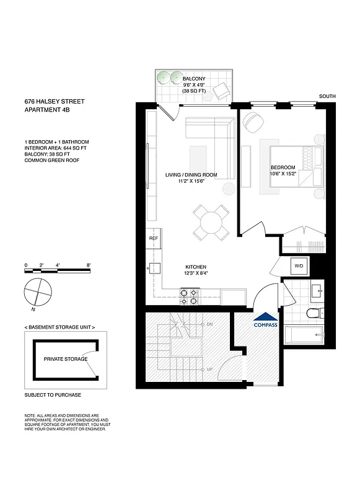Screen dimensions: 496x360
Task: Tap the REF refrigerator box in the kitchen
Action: pyautogui.click(x=154, y=238)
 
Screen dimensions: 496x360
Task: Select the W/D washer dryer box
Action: pyautogui.click(x=299, y=265)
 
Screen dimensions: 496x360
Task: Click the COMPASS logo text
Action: pyautogui.click(x=265, y=324)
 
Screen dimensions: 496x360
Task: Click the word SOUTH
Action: pyautogui.click(x=327, y=96)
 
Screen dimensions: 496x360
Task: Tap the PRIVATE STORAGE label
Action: pyautogui.click(x=65, y=359)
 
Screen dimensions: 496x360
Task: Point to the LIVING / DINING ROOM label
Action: pyautogui.click(x=191, y=175)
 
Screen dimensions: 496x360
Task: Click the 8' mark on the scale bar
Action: pyautogui.click(x=89, y=265)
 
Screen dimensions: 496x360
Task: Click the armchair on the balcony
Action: pyautogui.click(x=222, y=92)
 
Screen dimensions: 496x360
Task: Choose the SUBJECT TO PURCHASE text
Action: pyautogui.click(x=53, y=395)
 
